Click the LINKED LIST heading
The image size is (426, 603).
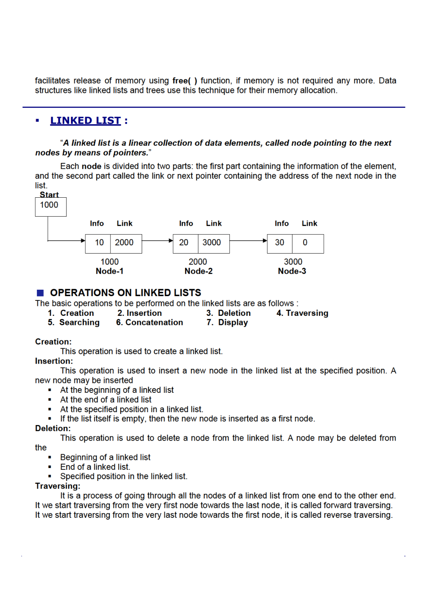[85, 121]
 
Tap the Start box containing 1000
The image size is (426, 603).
[50, 206]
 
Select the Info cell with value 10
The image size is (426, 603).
[98, 243]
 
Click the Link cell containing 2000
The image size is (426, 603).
[125, 243]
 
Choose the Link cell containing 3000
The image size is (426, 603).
[213, 243]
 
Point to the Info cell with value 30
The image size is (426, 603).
[280, 243]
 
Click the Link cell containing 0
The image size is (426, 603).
[307, 243]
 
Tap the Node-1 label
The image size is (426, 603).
[110, 271]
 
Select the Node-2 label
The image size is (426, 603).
[198, 271]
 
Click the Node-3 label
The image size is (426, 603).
[292, 271]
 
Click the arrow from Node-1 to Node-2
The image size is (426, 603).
[157, 241]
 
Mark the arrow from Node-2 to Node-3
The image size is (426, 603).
[248, 241]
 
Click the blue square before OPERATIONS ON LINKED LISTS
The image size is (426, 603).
[40, 293]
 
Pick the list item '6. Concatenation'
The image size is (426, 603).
[149, 323]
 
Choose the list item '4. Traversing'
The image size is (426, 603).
[302, 313]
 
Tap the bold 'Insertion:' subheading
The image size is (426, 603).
[54, 361]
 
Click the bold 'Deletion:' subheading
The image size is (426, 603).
[53, 429]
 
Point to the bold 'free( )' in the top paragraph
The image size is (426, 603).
[185, 81]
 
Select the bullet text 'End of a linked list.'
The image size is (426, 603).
[95, 467]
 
